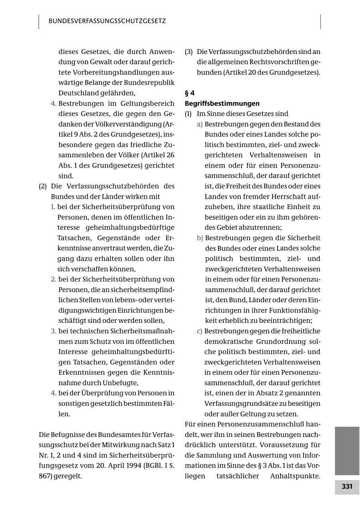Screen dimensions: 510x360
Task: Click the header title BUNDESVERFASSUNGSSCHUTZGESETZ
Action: [x=107, y=21]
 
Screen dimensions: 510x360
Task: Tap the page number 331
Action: [x=347, y=487]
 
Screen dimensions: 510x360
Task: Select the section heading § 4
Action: [x=189, y=93]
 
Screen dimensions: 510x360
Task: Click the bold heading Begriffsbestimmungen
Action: [x=222, y=104]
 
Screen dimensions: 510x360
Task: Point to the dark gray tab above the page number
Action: [x=347, y=450]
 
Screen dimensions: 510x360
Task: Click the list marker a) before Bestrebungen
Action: [x=200, y=124]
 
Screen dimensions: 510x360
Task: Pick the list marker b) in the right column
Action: [x=200, y=238]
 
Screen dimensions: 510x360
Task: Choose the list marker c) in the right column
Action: [x=200, y=331]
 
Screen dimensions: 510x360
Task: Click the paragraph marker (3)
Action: [x=189, y=52]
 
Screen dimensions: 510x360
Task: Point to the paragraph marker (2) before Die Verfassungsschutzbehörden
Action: [x=43, y=186]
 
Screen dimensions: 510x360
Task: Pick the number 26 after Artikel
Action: [x=170, y=155]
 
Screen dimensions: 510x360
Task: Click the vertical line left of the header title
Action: [x=39, y=22]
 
